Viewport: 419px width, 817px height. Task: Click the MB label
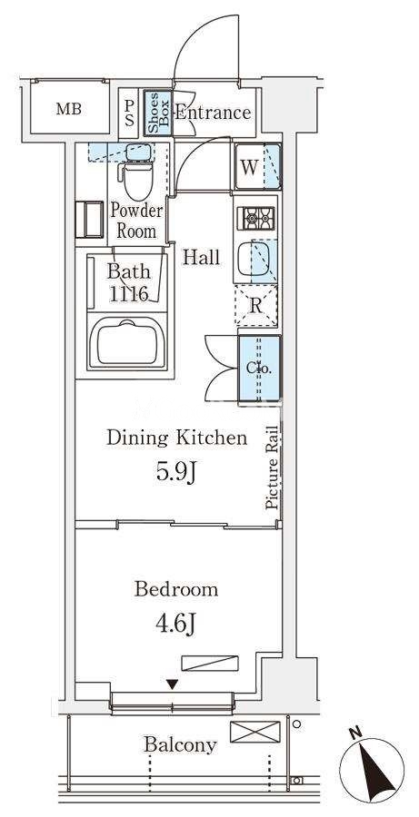pyautogui.click(x=69, y=110)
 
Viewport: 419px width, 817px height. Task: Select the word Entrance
pyautogui.click(x=213, y=113)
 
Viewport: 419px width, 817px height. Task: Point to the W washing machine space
pyautogui.click(x=258, y=167)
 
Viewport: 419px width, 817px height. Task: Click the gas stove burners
pyautogui.click(x=255, y=218)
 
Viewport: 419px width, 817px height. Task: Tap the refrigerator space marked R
pyautogui.click(x=255, y=306)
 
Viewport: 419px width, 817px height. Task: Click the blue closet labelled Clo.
pyautogui.click(x=259, y=369)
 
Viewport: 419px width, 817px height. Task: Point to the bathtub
pyautogui.click(x=127, y=342)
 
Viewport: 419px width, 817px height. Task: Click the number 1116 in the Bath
pyautogui.click(x=129, y=295)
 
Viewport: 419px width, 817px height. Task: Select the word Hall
pyautogui.click(x=201, y=257)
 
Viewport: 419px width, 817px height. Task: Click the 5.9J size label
pyautogui.click(x=176, y=472)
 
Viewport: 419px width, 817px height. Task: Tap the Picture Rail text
pyautogui.click(x=272, y=466)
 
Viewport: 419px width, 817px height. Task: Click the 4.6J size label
pyautogui.click(x=175, y=623)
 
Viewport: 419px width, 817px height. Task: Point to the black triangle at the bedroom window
pyautogui.click(x=173, y=684)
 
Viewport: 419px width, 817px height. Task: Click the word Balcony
pyautogui.click(x=181, y=746)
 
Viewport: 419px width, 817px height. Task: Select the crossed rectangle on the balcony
pyautogui.click(x=254, y=732)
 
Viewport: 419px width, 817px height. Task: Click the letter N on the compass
pyautogui.click(x=356, y=733)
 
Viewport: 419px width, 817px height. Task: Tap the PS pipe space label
pyautogui.click(x=129, y=112)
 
